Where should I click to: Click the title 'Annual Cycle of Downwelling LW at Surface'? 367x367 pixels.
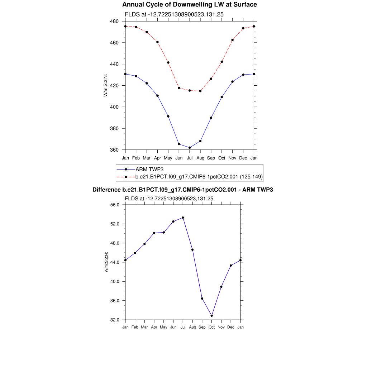190,5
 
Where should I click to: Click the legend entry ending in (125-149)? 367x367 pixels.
199,176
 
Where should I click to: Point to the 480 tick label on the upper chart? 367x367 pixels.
115,21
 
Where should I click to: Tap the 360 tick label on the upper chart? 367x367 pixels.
115,150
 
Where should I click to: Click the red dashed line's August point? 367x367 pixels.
200,91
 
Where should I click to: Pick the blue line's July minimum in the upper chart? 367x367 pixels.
190,148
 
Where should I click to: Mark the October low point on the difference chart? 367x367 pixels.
212,316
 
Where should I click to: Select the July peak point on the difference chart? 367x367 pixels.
183,218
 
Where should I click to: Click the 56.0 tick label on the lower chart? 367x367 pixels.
115,205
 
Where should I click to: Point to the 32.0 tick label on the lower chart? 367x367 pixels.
115,320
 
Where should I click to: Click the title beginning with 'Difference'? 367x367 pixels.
183,190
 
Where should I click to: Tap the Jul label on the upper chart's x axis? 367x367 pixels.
190,158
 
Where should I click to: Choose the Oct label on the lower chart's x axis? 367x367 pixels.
212,327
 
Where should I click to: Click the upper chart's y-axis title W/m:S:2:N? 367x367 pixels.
106,85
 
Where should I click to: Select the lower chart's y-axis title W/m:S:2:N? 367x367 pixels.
106,262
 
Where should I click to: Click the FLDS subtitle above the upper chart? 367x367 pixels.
174,14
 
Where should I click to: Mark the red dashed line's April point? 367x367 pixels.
157,42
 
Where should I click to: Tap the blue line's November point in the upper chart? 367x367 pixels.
233,82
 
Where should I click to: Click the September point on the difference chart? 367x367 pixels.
202,299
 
